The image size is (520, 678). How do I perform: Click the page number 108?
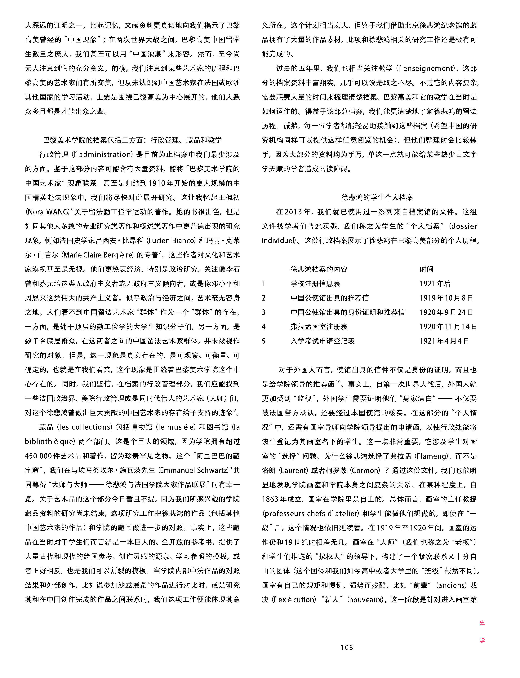pyautogui.click(x=346, y=647)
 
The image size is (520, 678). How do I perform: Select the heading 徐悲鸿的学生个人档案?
pyautogui.click(x=377, y=197)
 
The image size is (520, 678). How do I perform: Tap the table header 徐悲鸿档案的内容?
pyautogui.click(x=319, y=269)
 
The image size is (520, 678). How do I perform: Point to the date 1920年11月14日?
pyautogui.click(x=448, y=327)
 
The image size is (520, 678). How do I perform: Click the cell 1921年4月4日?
pyautogui.click(x=444, y=341)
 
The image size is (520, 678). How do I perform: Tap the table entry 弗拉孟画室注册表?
pyautogui.click(x=319, y=327)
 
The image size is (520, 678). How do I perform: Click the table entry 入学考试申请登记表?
pyautogui.click(x=322, y=341)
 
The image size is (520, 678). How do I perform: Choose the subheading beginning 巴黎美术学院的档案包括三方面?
pyautogui.click(x=132, y=140)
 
